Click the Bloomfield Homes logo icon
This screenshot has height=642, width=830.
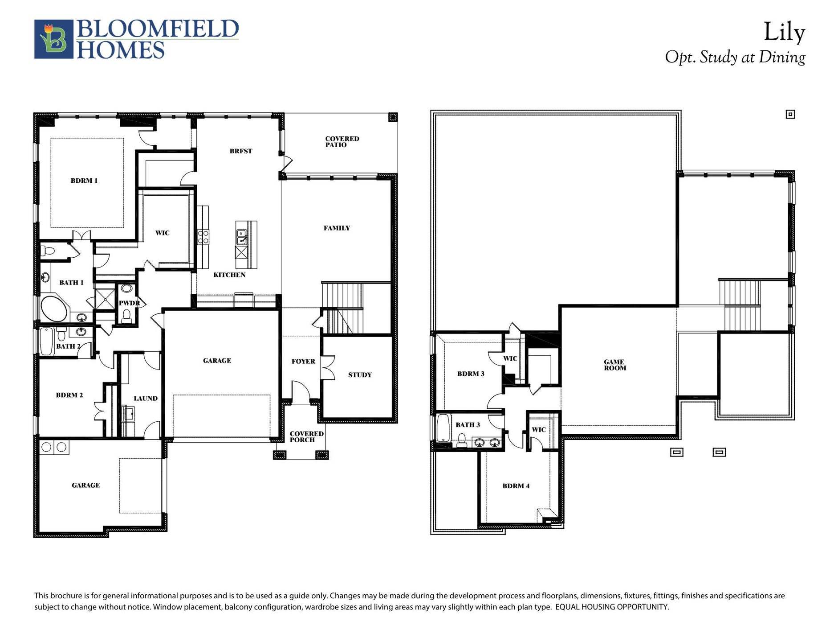[x=53, y=39]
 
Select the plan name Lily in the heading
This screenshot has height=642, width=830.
[x=784, y=33]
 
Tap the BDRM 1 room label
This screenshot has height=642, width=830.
[x=84, y=181]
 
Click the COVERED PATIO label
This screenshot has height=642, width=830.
[x=342, y=142]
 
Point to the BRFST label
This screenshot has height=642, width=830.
[x=240, y=151]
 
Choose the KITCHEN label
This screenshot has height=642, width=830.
[x=229, y=275]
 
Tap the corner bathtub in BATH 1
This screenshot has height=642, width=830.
[x=54, y=308]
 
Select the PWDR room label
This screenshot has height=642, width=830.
[x=129, y=303]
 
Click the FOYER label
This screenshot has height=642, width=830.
[x=303, y=362]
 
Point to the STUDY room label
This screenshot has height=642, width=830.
[x=359, y=375]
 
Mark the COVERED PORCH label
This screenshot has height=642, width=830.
[x=306, y=436]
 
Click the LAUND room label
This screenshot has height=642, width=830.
[x=145, y=399]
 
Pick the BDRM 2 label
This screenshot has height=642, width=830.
[x=69, y=395]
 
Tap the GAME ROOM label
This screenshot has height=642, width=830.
[x=614, y=365]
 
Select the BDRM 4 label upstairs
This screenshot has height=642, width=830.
[x=516, y=486]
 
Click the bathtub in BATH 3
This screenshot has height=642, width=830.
[x=443, y=428]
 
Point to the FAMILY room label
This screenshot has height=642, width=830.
[x=336, y=228]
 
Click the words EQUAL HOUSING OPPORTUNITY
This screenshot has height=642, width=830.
[x=612, y=607]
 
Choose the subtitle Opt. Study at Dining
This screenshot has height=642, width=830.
[x=735, y=58]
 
